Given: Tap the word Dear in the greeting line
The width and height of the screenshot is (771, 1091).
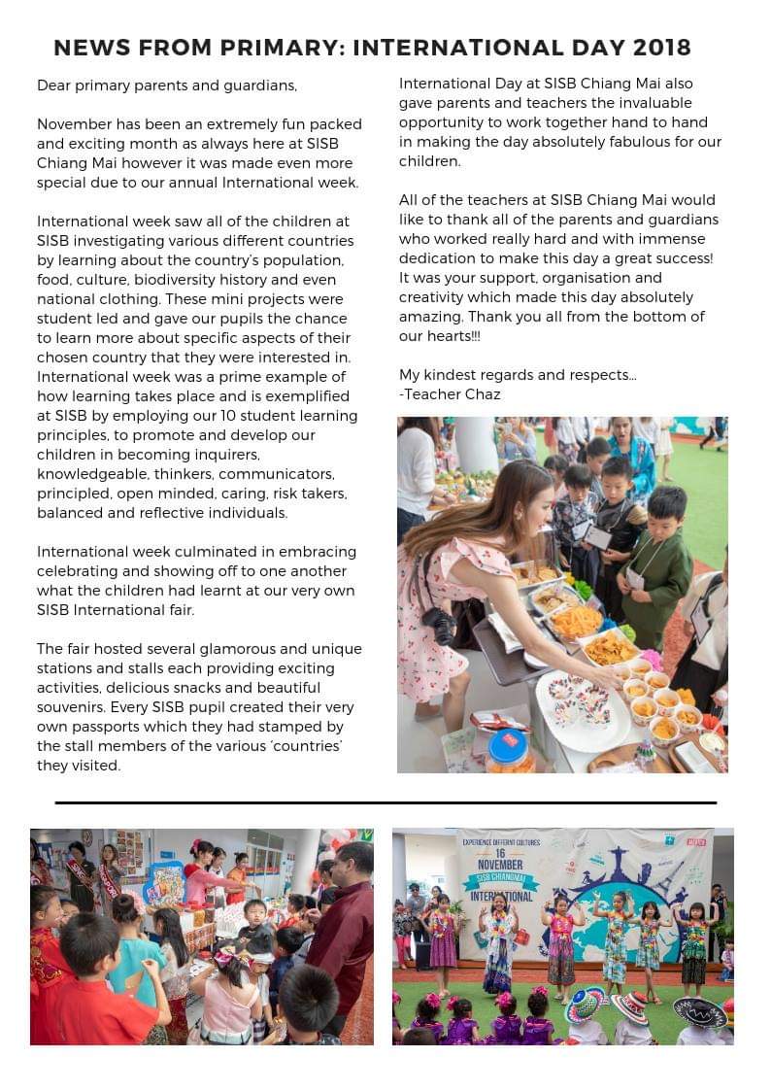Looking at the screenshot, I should pos(54,85).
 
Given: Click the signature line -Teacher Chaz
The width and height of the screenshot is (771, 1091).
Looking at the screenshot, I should pos(450,394).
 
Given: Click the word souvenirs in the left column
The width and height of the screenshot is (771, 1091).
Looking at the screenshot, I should pos(71,707).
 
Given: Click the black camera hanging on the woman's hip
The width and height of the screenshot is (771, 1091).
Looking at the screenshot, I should pos(440,627).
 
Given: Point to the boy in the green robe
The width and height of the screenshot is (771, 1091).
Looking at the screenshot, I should pos(655,563).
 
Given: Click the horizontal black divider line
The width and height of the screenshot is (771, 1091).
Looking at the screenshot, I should pos(385,803).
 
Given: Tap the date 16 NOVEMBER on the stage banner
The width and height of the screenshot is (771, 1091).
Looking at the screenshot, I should pos(500,857).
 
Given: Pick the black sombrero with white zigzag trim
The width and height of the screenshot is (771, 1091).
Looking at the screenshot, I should pos(701,1011).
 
